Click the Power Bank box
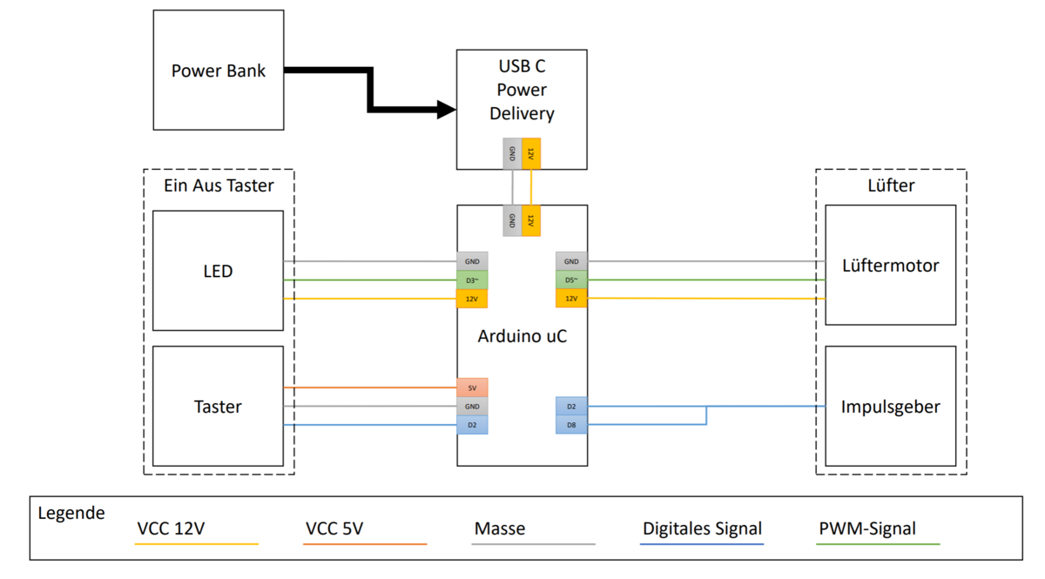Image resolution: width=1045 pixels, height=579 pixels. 218,71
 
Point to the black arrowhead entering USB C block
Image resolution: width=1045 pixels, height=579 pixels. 446,110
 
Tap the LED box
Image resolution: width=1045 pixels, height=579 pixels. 218,271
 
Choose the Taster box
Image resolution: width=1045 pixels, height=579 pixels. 218,407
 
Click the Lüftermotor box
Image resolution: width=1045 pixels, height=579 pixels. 890,266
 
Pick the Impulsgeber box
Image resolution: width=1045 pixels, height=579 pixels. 890,407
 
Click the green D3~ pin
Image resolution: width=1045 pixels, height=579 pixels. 472,280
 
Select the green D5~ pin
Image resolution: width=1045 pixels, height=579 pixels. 571,280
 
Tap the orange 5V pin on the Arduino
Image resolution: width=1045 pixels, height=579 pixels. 472,387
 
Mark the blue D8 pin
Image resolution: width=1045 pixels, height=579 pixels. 571,425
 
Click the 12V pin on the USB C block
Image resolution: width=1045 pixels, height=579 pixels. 531,153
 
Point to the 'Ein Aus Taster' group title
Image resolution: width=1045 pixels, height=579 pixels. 219,185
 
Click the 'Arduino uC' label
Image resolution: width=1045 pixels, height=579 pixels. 522,336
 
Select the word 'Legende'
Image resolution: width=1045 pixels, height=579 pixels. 71,513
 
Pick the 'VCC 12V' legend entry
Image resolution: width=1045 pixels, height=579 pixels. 172,529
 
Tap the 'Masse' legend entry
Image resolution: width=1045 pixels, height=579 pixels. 500,529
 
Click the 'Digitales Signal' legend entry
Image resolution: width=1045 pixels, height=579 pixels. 702,529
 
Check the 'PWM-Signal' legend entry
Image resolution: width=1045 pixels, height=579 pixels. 867,529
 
